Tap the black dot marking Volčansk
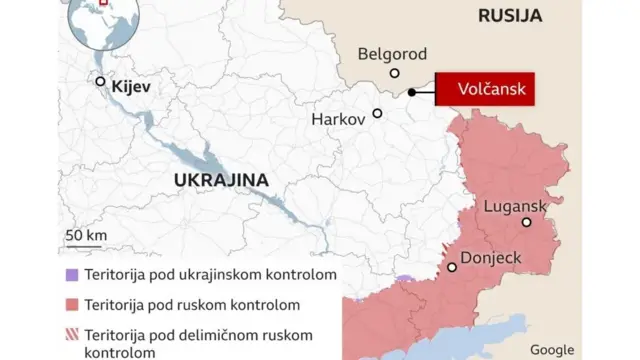[x=413, y=93]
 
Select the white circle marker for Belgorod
[x=395, y=73]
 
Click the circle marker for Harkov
[x=377, y=113]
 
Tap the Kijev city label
[x=131, y=87]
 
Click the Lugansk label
[x=514, y=206]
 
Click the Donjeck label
[x=491, y=258]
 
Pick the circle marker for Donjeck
[x=452, y=267]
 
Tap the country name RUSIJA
[x=510, y=15]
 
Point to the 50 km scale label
[x=87, y=235]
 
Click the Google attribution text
[x=552, y=349]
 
